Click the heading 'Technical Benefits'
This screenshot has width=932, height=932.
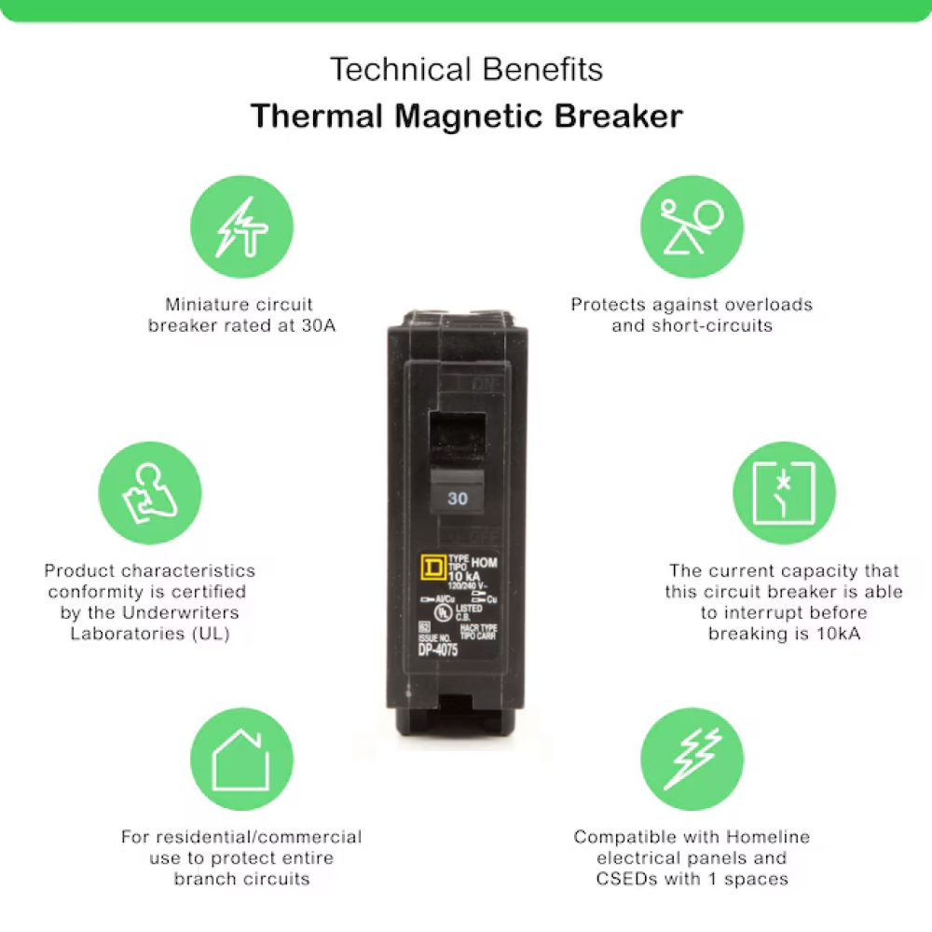pos(466,69)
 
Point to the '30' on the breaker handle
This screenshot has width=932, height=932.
pos(457,499)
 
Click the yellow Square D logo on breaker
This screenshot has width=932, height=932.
pos(432,569)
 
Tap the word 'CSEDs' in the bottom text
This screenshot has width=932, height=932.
pos(626,878)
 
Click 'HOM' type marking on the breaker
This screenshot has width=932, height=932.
pos(484,563)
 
